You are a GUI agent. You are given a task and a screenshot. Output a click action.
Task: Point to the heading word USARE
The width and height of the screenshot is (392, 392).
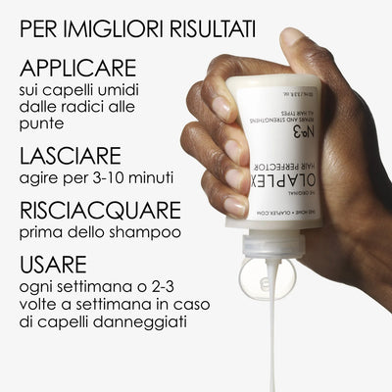tap(53, 266)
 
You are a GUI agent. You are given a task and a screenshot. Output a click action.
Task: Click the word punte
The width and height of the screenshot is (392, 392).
tap(41, 124)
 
